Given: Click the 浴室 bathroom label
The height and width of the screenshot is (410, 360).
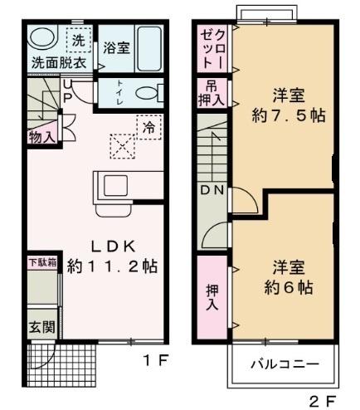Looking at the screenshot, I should pyautogui.click(x=116, y=48).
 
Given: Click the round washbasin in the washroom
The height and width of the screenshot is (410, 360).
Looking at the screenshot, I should pyautogui.click(x=42, y=38).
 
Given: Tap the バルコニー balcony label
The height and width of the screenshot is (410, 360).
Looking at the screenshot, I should pyautogui.click(x=281, y=363).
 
